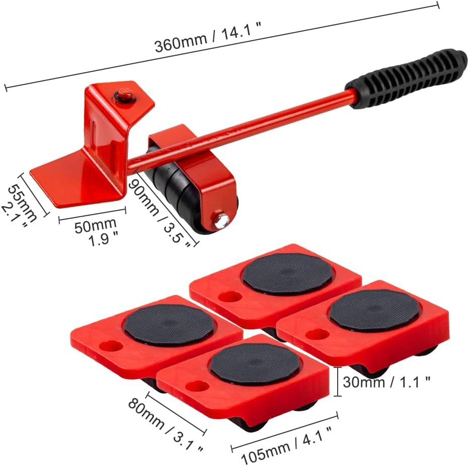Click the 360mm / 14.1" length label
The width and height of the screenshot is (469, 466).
208,37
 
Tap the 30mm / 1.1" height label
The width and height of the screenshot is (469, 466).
386,382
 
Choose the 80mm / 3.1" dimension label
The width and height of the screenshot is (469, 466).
166,425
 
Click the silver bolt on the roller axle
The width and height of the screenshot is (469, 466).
221,220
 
